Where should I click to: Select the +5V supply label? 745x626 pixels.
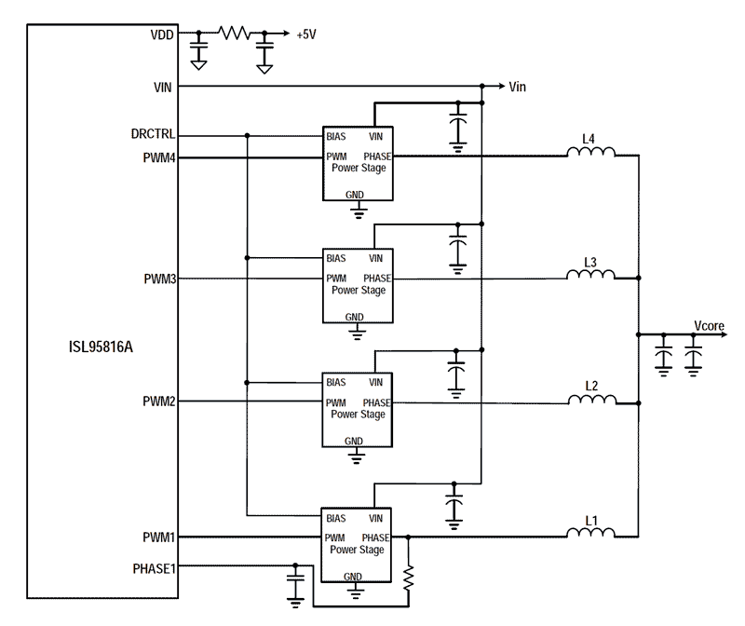pyautogui.click(x=305, y=35)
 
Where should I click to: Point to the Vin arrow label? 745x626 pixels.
pyautogui.click(x=518, y=87)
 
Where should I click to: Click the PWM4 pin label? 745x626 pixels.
pyautogui.click(x=159, y=158)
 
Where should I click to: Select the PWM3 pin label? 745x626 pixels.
pyautogui.click(x=159, y=279)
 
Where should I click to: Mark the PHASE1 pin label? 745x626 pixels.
pyautogui.click(x=156, y=565)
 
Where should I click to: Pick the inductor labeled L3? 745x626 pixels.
pyautogui.click(x=590, y=276)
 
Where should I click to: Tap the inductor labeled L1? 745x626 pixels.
pyautogui.click(x=590, y=534)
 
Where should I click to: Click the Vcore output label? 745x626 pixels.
pyautogui.click(x=709, y=325)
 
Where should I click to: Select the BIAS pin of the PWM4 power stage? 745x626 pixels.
pyautogui.click(x=336, y=136)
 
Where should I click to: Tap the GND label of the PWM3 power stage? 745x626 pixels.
pyautogui.click(x=354, y=317)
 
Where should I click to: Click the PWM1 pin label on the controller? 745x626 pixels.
pyautogui.click(x=159, y=538)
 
